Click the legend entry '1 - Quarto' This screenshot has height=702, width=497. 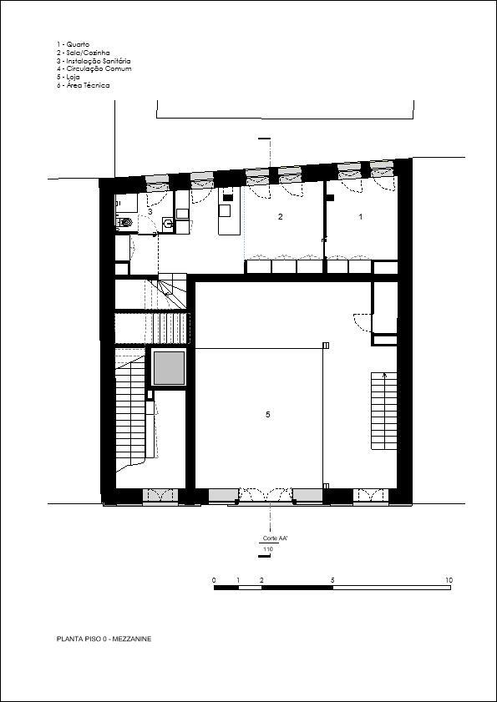tap(73, 44)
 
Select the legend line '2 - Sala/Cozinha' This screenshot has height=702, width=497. tap(83, 53)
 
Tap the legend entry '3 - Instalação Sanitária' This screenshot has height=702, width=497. tap(94, 61)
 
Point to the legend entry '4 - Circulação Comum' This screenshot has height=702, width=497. tap(94, 69)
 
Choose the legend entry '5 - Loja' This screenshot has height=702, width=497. tap(68, 77)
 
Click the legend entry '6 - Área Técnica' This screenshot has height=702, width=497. tap(83, 85)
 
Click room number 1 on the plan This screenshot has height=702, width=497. tap(361, 217)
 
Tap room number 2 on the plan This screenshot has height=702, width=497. tap(280, 217)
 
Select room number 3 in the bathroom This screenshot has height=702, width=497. tap(150, 210)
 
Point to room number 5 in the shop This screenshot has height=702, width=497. tap(267, 415)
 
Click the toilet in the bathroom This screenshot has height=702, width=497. tap(125, 221)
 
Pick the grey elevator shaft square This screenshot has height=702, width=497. tap(170, 368)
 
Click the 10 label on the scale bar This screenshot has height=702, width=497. tap(449, 580)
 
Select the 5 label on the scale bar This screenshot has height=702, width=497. tap(332, 580)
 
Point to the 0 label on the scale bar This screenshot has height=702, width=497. tap(214, 580)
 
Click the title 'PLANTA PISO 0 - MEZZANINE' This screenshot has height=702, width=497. tap(104, 639)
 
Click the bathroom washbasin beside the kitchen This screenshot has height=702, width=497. tap(168, 224)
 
